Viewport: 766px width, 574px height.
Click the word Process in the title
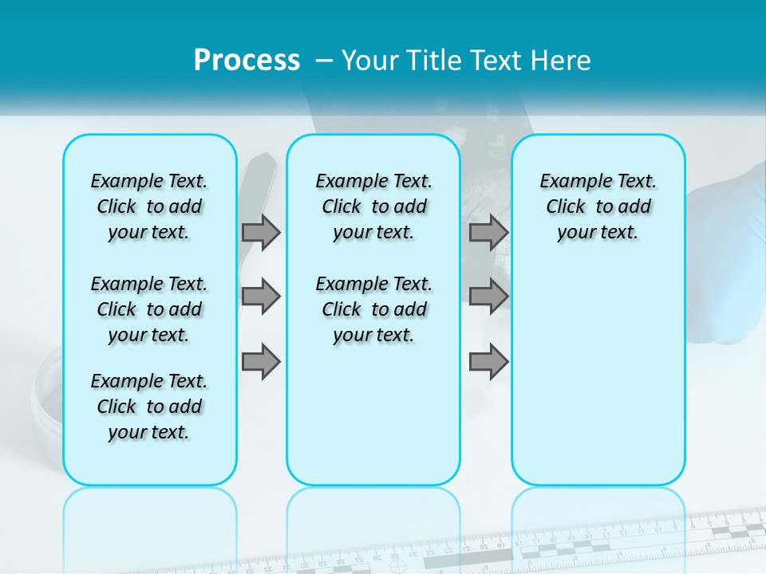click(247, 61)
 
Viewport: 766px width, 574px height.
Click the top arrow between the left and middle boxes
click(261, 232)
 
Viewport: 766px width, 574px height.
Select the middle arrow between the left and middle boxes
click(261, 297)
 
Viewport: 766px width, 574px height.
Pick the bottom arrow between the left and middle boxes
click(261, 362)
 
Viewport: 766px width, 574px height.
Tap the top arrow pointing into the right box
click(488, 232)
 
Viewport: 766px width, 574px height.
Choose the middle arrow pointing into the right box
click(488, 297)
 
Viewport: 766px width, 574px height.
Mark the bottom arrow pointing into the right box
click(488, 362)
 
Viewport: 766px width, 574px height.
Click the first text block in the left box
click(149, 206)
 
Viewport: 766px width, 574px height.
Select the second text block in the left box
click(149, 309)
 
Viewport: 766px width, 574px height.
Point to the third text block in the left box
click(149, 407)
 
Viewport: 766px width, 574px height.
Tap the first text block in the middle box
click(373, 206)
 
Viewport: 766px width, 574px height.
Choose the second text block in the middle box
click(373, 309)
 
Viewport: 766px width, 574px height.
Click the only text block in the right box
click(598, 206)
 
